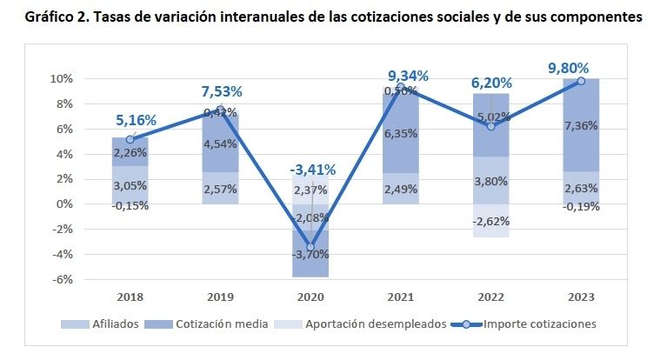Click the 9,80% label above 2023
tap(569, 66)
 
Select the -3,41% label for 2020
tap(311, 170)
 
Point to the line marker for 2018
tap(130, 139)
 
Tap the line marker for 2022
tap(491, 126)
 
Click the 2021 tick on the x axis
tap(401, 297)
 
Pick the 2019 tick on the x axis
tap(220, 297)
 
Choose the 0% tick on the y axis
tap(63, 203)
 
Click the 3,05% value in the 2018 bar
tap(130, 186)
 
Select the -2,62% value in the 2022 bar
tap(491, 221)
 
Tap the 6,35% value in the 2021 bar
tap(401, 134)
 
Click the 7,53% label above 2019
tap(221, 91)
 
